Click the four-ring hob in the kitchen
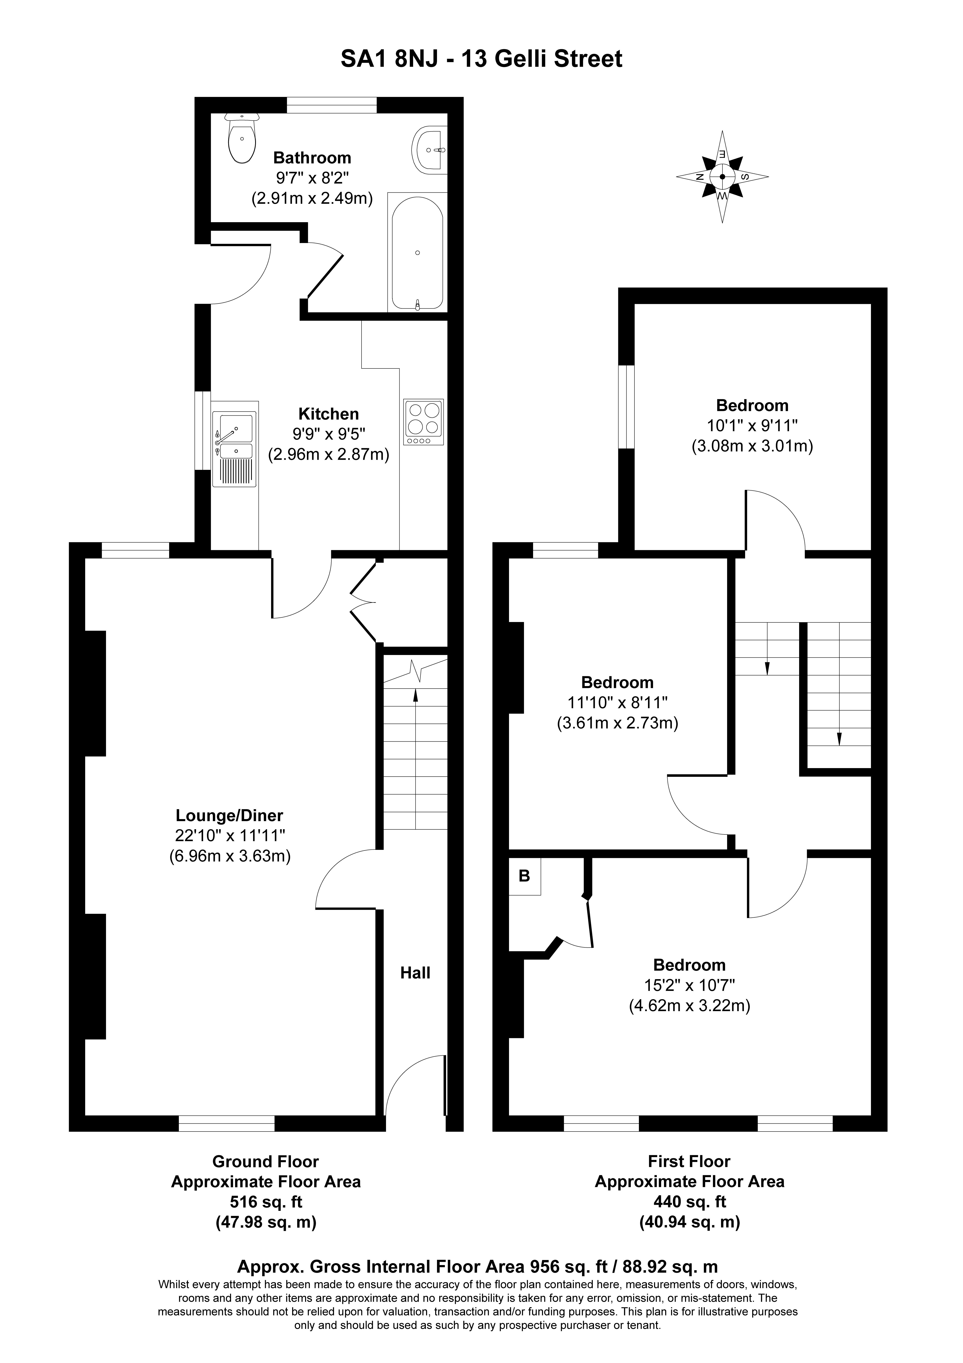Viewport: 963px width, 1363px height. pyautogui.click(x=424, y=422)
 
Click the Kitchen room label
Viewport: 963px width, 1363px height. pyautogui.click(x=328, y=414)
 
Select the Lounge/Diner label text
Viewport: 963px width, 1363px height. pyautogui.click(x=230, y=816)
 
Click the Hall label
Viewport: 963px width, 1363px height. pyautogui.click(x=415, y=972)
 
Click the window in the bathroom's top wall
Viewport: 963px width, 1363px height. pyautogui.click(x=332, y=105)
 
